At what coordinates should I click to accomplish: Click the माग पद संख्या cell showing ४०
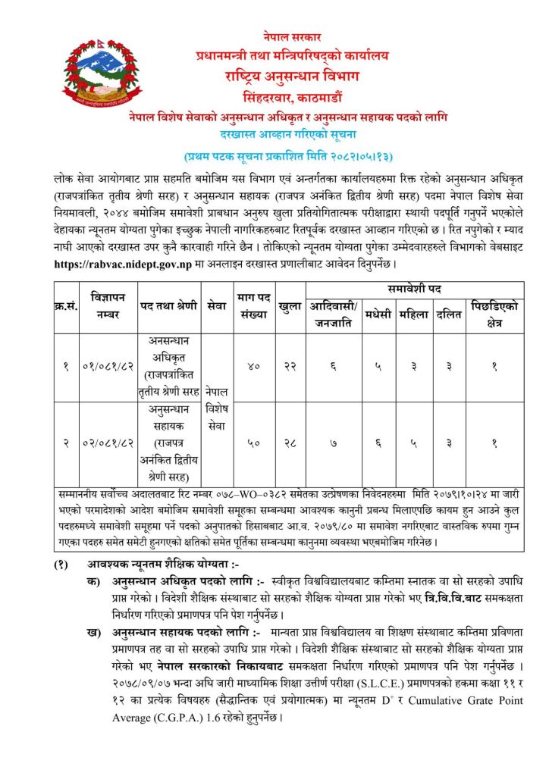pyautogui.click(x=254, y=366)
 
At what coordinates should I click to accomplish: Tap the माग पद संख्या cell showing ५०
pyautogui.click(x=254, y=442)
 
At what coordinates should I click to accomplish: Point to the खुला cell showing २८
pyautogui.click(x=290, y=442)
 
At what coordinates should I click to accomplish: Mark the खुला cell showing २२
pyautogui.click(x=290, y=366)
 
